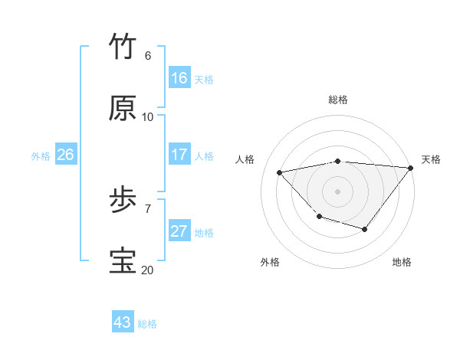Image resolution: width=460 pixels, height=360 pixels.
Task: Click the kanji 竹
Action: click(x=123, y=47)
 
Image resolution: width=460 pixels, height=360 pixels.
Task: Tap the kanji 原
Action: click(x=123, y=108)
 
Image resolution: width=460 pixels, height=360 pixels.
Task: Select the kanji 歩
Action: click(x=123, y=201)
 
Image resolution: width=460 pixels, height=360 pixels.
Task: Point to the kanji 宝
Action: click(x=123, y=261)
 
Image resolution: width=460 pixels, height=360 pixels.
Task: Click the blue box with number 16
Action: click(x=179, y=78)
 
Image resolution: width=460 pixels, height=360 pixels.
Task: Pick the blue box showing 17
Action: click(x=179, y=155)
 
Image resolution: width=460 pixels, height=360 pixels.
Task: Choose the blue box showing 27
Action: click(x=179, y=231)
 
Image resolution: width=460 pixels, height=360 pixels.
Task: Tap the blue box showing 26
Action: click(x=65, y=155)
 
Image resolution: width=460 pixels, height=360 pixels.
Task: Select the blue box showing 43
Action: click(x=123, y=322)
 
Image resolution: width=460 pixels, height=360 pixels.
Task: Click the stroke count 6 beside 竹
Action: click(x=148, y=56)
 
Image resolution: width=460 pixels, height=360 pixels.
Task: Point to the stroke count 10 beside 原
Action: click(x=148, y=117)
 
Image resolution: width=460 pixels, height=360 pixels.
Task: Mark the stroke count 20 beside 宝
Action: click(x=147, y=270)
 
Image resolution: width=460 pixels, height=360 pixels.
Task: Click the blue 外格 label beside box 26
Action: click(x=41, y=156)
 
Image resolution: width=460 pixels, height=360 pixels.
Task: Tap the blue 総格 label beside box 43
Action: click(x=147, y=324)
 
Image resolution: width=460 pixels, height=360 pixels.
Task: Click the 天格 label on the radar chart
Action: click(x=431, y=159)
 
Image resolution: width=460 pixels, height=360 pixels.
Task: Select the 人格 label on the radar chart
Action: click(x=245, y=159)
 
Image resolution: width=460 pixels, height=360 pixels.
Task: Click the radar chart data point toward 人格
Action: click(x=280, y=172)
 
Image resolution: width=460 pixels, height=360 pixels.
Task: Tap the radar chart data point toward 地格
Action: click(x=365, y=229)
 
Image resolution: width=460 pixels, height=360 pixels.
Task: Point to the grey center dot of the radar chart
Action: click(x=337, y=191)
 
